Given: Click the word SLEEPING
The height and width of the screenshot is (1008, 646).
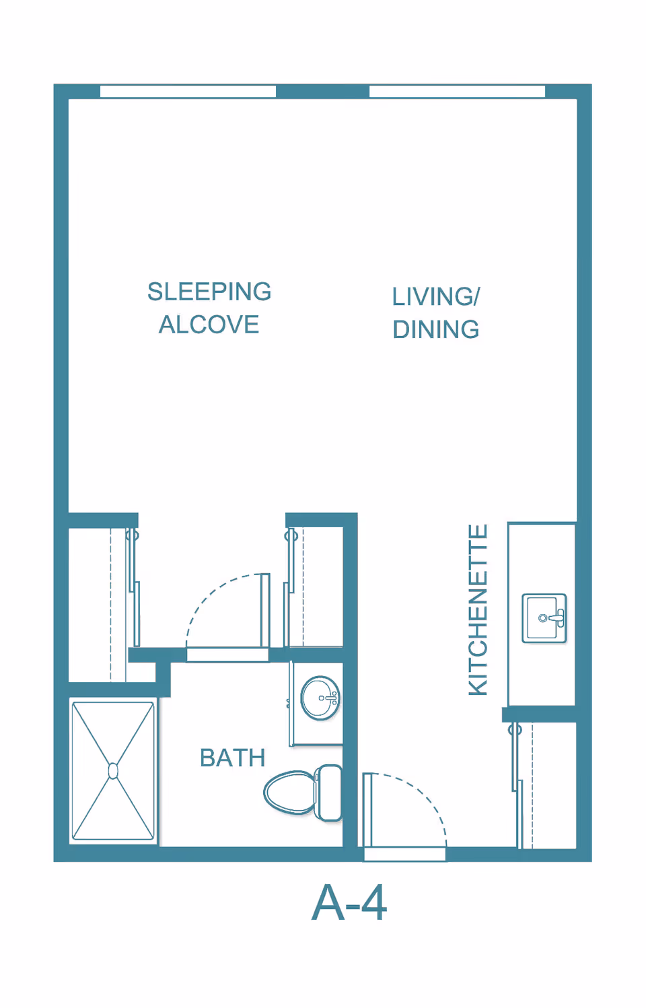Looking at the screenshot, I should click(209, 292).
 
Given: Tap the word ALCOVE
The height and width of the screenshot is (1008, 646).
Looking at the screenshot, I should click(209, 325).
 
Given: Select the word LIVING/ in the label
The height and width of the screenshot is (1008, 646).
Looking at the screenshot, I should click(436, 296).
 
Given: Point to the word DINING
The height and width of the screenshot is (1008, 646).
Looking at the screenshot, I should click(436, 329).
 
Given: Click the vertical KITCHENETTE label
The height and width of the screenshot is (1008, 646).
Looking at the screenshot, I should click(478, 610).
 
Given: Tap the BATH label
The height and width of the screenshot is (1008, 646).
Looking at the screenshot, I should click(233, 758).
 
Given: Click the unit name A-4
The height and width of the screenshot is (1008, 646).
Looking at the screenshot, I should click(349, 902).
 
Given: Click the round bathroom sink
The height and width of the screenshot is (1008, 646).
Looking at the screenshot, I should click(320, 698).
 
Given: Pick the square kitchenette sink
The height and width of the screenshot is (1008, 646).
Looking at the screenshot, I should click(544, 618).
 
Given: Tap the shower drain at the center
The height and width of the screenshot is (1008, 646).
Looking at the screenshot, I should click(113, 771).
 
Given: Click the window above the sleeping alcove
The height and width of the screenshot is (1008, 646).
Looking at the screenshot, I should click(188, 92).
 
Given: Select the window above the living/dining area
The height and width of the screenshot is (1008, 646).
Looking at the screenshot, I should click(457, 92).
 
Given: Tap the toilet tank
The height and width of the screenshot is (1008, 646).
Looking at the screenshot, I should click(329, 793).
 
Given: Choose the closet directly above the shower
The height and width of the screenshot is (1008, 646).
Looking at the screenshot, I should click(98, 604).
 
